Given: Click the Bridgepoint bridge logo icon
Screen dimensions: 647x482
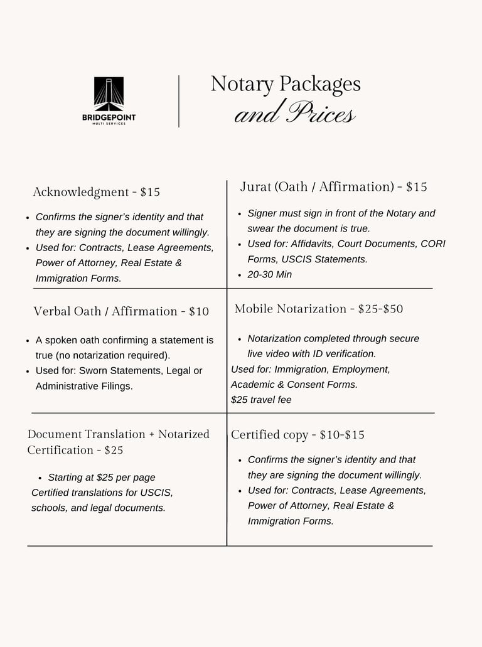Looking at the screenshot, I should coord(109,94).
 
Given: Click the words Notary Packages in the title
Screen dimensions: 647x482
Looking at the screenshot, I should coord(286,83).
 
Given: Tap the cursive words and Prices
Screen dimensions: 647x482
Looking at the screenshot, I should coord(294,114).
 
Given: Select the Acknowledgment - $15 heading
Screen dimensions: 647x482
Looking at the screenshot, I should coord(96,192).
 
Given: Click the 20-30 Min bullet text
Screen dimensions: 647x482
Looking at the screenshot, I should coord(269,275).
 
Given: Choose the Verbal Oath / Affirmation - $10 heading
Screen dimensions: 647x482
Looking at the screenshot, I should coord(121,311).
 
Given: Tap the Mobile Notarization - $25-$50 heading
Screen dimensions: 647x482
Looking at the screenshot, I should coord(319,309).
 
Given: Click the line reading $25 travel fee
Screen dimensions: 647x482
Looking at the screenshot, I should coord(261,400).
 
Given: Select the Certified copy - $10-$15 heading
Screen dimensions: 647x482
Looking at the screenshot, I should coord(297,435).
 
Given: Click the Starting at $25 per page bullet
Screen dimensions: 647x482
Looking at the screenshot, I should coord(102,478).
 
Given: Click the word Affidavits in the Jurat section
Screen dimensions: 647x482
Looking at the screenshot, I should coord(315,244).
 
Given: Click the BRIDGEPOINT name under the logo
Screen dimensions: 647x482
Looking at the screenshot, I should coord(109,117).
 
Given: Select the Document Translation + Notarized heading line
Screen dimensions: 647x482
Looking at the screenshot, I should coord(119,434).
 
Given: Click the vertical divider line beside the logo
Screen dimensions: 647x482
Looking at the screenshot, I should coord(179,101).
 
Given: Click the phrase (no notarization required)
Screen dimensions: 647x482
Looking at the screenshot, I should coord(102,356).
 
